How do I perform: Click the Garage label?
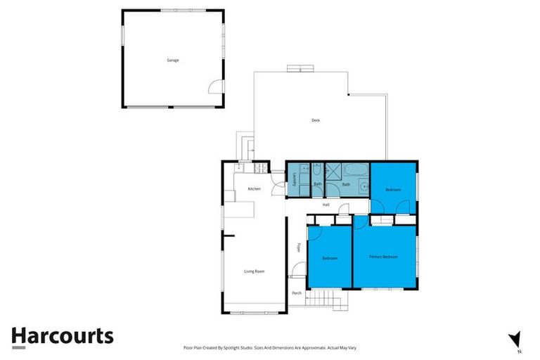[x=172, y=60]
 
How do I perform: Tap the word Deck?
[x=316, y=120]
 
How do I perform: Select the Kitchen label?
[x=254, y=188]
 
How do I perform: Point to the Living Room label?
[x=254, y=271]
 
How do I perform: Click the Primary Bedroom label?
[x=384, y=257]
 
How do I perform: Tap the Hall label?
[x=326, y=205]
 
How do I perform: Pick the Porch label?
[x=297, y=293]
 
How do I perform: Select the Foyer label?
[x=299, y=247]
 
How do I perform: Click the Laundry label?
[x=284, y=179]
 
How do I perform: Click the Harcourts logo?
[x=62, y=336]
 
